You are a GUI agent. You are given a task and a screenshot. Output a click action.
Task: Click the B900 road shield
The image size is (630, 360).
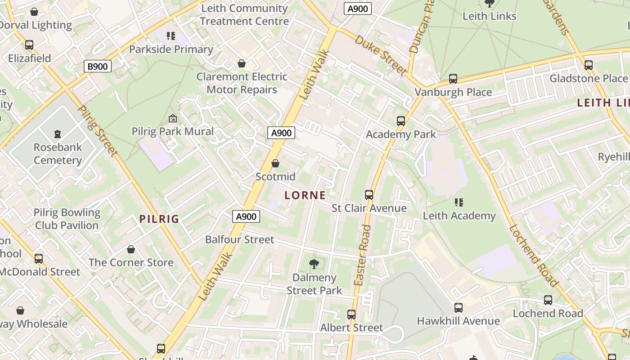97,67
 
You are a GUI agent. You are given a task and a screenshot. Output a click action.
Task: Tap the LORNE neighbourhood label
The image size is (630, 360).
305,195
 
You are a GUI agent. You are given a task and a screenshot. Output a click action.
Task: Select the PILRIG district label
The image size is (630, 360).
159,219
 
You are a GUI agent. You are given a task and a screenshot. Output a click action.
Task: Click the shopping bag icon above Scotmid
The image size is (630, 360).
275,163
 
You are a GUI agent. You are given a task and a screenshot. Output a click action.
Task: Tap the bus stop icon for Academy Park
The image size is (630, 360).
401,121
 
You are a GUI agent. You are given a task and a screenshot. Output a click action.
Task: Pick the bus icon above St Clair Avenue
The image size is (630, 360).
369,194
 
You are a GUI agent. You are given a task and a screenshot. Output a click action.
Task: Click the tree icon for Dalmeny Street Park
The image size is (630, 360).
314,264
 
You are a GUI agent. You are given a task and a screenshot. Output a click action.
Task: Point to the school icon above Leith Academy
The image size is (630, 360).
459,202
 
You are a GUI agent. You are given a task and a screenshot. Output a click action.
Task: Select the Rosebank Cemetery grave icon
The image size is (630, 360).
58,134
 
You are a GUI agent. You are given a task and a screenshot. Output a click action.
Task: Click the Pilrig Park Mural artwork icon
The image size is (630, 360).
172,118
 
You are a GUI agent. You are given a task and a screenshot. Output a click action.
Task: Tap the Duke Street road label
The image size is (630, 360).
380,55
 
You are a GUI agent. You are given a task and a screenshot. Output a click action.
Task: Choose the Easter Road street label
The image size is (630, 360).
362,255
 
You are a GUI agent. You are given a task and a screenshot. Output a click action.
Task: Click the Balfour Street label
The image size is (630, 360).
239,239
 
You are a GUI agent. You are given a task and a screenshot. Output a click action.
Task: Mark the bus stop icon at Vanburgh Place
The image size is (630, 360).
453,79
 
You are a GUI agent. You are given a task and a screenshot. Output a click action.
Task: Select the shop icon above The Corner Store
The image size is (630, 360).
131,249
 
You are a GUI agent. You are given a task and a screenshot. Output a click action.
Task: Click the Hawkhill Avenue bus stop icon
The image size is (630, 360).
458,307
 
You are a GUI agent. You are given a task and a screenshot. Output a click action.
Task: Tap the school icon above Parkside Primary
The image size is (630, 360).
171,36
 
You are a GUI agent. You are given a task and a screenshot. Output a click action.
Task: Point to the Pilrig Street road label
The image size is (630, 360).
98,131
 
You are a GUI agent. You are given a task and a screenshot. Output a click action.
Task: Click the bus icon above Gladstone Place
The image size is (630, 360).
588,65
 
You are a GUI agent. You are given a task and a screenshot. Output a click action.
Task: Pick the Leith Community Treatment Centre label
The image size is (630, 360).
244,15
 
